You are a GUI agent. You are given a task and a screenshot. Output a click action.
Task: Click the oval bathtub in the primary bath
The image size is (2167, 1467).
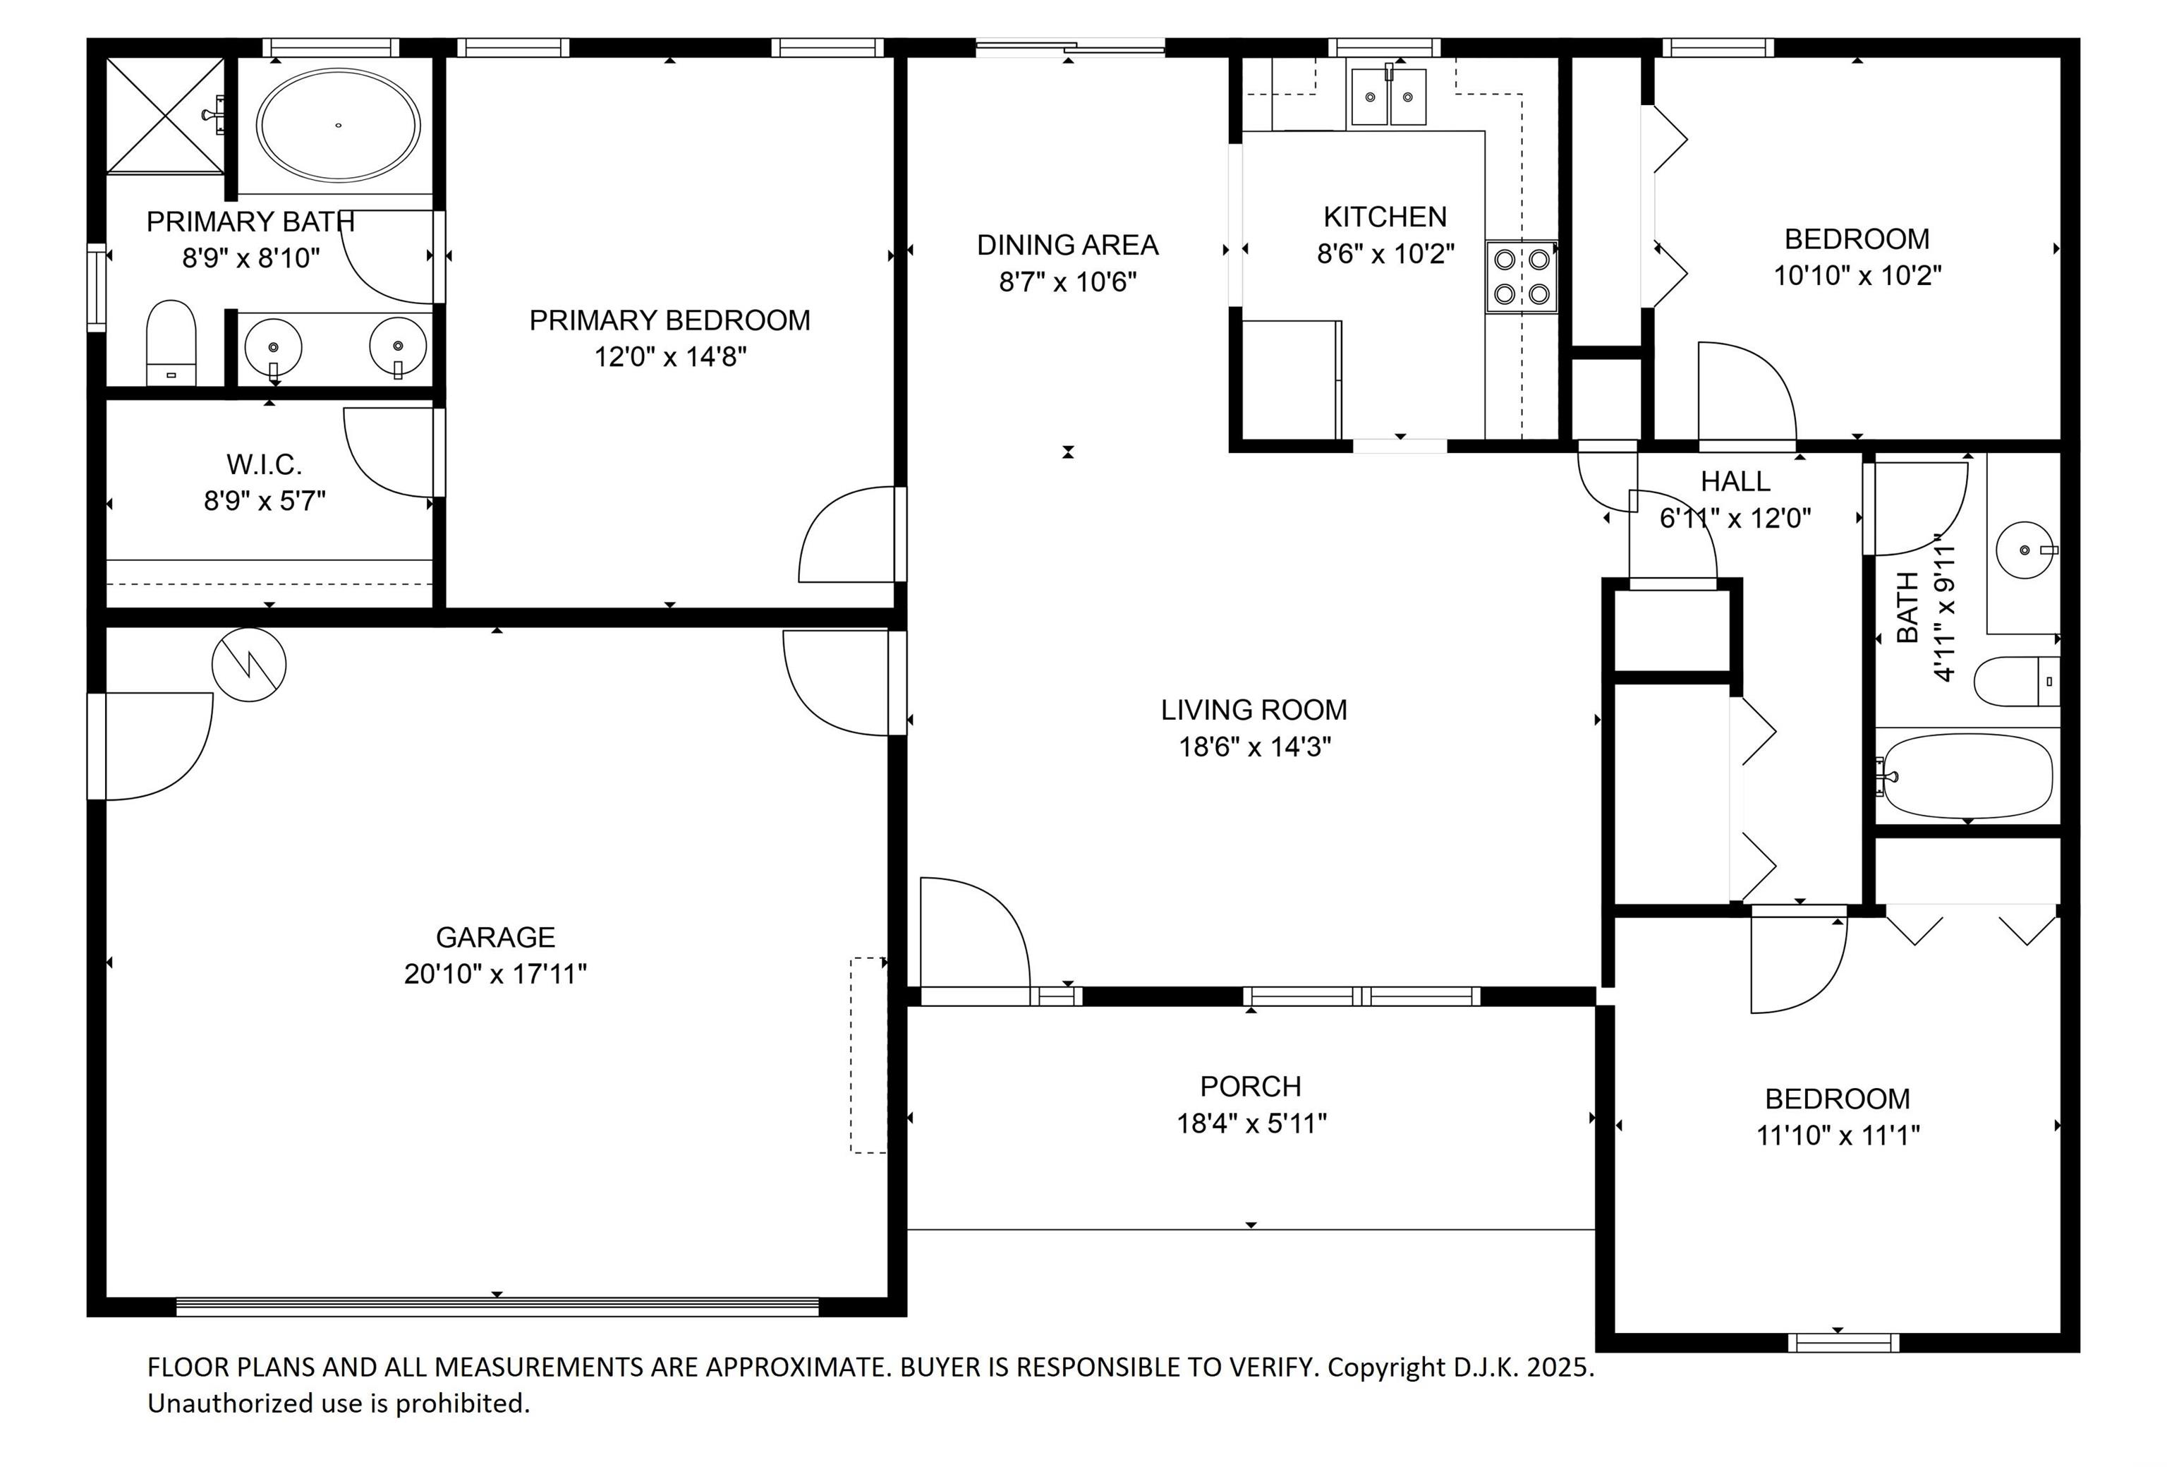(x=339, y=124)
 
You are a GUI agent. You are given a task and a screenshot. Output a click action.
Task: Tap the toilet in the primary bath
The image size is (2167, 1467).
(x=171, y=342)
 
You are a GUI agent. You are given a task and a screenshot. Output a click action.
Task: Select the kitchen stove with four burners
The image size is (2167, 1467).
(x=1521, y=276)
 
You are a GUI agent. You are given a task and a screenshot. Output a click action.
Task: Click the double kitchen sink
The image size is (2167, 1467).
(x=1388, y=96)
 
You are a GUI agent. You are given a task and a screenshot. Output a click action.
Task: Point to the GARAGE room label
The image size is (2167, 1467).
(x=495, y=936)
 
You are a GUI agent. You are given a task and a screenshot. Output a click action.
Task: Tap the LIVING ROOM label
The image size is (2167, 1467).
(x=1254, y=710)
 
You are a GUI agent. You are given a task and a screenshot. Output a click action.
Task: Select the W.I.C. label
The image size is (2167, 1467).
(x=264, y=464)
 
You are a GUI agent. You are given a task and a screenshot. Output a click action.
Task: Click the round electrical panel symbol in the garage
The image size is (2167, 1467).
(x=249, y=665)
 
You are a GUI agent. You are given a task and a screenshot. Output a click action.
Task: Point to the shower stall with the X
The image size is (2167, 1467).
(x=166, y=116)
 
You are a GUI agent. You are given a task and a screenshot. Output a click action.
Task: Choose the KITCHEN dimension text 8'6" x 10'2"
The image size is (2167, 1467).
(x=1385, y=253)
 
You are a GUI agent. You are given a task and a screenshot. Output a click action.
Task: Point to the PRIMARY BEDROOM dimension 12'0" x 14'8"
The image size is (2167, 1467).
(x=670, y=356)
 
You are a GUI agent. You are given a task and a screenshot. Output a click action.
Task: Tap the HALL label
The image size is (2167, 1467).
(x=1735, y=481)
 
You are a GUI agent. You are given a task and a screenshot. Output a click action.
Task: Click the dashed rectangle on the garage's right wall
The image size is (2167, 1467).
(x=868, y=1055)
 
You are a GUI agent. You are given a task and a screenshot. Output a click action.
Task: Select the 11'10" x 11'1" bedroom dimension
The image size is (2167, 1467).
(x=1838, y=1135)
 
